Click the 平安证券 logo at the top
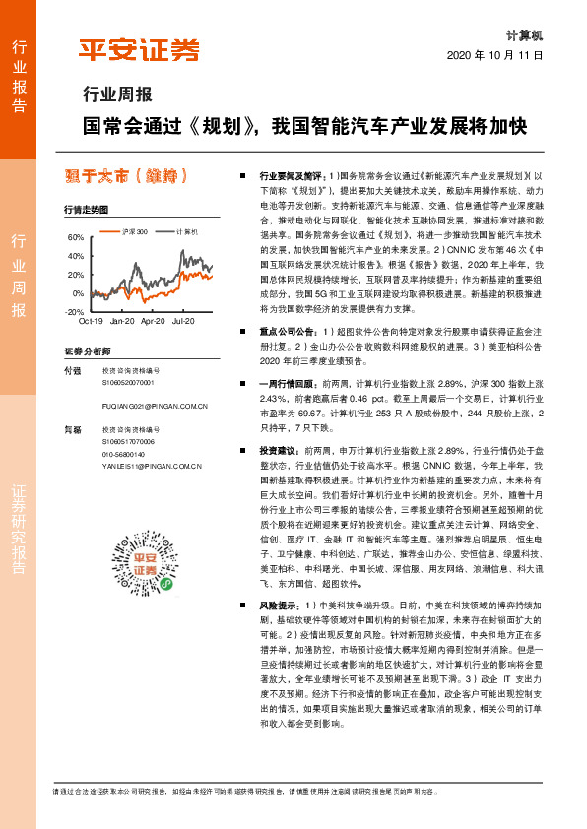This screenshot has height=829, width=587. pyautogui.click(x=138, y=49)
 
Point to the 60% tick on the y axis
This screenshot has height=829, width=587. pyautogui.click(x=75, y=238)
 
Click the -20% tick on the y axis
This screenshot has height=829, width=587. pyautogui.click(x=74, y=311)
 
